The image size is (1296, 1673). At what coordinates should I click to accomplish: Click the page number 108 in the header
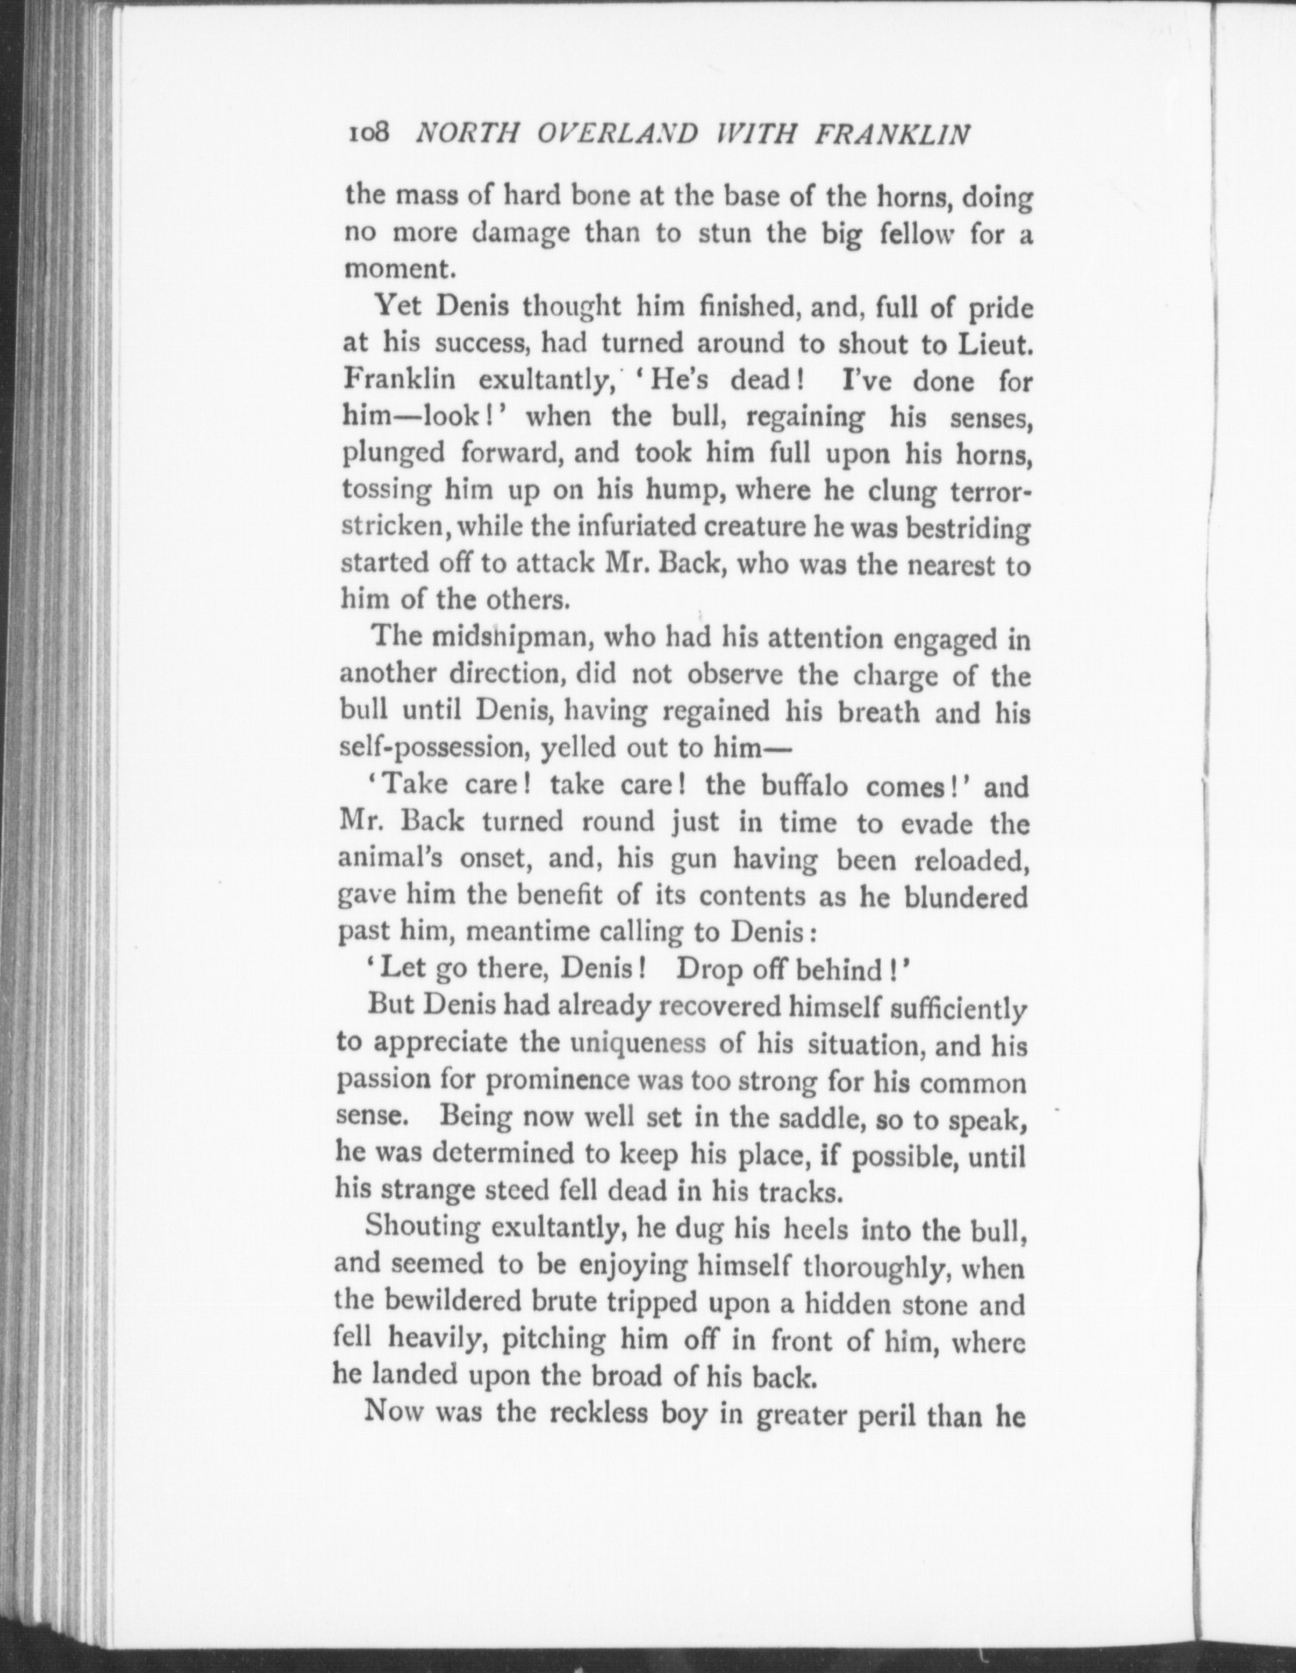(x=369, y=134)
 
